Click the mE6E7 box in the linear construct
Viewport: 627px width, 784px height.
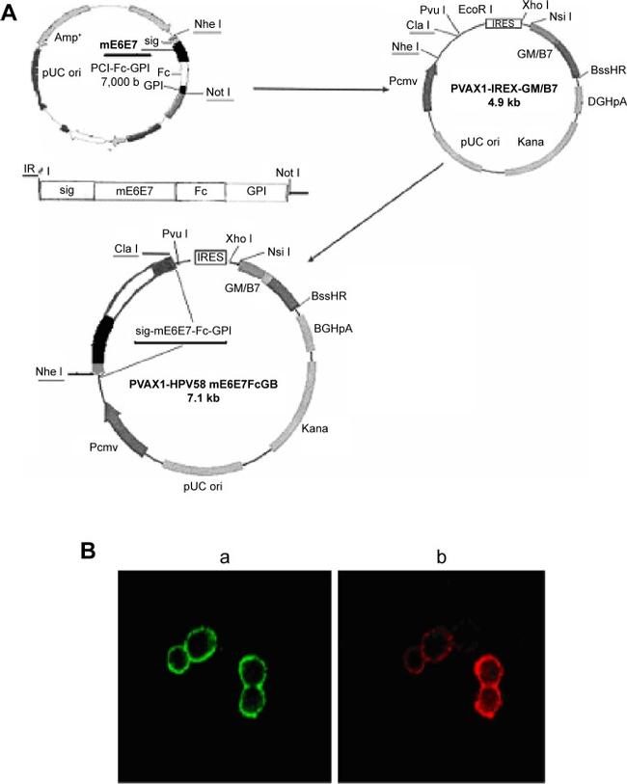(x=134, y=192)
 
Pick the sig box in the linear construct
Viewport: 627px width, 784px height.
(x=66, y=192)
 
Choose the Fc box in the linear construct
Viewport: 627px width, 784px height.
(x=200, y=192)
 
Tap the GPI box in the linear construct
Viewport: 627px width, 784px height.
(x=256, y=192)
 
